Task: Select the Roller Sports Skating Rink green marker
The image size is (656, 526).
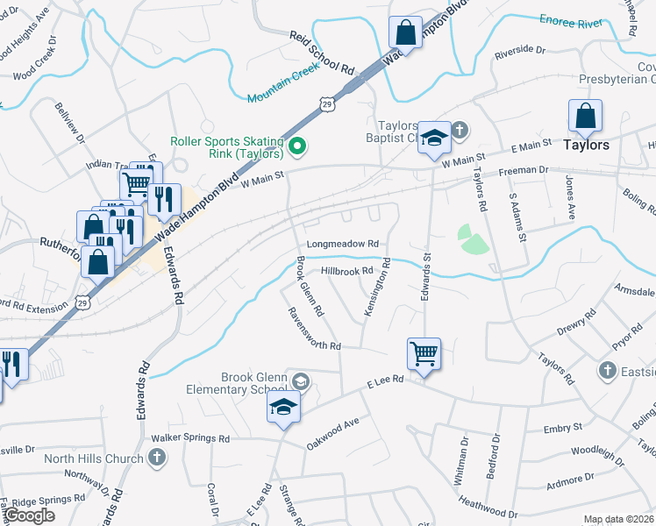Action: (296, 146)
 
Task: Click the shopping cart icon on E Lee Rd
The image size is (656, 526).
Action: (424, 353)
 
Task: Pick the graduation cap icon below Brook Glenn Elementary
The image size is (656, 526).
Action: (283, 407)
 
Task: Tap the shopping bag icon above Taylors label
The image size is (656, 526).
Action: (585, 116)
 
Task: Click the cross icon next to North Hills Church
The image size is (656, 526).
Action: (156, 457)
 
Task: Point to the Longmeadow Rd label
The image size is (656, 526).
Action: (342, 245)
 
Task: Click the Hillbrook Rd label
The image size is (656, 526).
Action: (346, 272)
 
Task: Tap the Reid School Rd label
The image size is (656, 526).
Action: (321, 53)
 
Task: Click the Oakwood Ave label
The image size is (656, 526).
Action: (333, 433)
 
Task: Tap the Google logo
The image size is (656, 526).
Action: (29, 515)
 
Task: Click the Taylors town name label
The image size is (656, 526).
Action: (586, 145)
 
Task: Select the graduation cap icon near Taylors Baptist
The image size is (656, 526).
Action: (433, 138)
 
